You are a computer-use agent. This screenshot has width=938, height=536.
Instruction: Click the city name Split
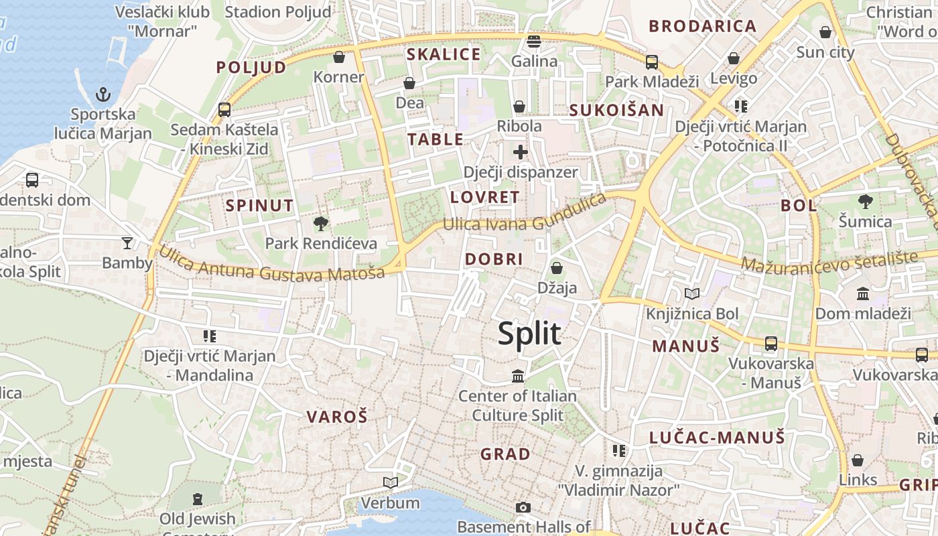(529, 333)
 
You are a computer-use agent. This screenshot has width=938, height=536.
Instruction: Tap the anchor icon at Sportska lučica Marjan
(103, 94)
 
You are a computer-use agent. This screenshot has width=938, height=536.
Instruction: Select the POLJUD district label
(251, 67)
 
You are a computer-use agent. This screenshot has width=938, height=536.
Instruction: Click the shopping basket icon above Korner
(339, 58)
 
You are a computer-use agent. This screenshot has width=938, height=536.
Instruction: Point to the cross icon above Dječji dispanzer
(520, 152)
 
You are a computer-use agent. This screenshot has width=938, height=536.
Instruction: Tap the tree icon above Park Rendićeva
(321, 224)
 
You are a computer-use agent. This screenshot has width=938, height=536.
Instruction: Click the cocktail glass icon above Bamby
(127, 243)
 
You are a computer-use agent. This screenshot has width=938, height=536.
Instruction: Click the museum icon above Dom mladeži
(863, 293)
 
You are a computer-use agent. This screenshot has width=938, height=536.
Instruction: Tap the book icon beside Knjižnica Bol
(691, 293)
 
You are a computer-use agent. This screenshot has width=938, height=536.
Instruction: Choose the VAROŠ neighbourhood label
(337, 417)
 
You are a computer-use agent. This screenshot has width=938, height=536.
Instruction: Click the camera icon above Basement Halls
(523, 507)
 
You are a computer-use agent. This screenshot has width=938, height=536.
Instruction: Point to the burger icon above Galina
(534, 42)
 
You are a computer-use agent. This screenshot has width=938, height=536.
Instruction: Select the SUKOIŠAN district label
(616, 111)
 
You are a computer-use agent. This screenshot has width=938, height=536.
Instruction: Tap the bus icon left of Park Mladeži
(652, 62)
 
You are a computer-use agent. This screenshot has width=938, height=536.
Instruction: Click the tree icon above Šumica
(866, 201)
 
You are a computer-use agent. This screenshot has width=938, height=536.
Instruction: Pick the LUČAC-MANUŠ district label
(717, 438)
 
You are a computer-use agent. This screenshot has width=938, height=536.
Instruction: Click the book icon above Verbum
(390, 482)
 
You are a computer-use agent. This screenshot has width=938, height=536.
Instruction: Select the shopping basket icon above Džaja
(556, 269)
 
